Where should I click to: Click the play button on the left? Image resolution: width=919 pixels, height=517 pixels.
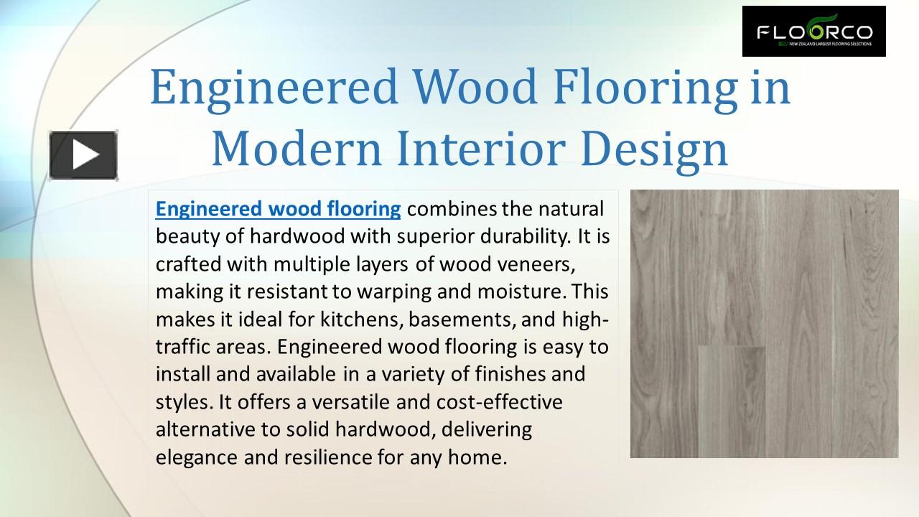pyautogui.click(x=83, y=155)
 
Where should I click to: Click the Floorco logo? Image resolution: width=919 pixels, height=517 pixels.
pyautogui.click(x=813, y=32)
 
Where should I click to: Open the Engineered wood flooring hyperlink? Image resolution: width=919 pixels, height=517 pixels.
pyautogui.click(x=278, y=209)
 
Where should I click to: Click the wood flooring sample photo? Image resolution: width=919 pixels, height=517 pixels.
pyautogui.click(x=764, y=324)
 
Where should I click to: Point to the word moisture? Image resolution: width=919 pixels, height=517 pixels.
pyautogui.click(x=514, y=292)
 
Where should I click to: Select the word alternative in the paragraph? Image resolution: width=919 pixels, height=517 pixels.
pyautogui.click(x=200, y=429)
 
